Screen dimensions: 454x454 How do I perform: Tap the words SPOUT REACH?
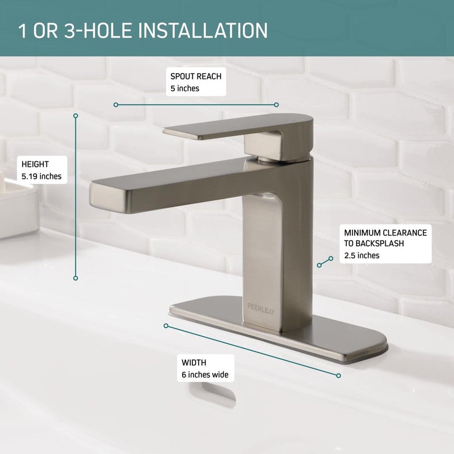(196, 76)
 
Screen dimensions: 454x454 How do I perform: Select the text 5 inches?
(184, 89)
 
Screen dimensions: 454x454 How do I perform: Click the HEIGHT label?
(35, 165)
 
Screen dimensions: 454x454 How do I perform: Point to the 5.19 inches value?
(41, 176)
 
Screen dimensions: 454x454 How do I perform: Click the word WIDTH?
(194, 363)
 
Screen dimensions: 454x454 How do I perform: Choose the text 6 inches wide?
(205, 375)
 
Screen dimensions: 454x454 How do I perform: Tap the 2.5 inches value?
(361, 255)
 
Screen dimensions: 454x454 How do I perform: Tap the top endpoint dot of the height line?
(75, 115)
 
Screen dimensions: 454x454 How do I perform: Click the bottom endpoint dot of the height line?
(75, 278)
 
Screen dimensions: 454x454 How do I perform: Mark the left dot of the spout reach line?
(116, 104)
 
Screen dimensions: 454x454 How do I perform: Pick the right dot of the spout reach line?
(276, 104)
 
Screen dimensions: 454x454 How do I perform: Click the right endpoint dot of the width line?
(338, 375)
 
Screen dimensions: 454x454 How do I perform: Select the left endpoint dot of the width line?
(166, 326)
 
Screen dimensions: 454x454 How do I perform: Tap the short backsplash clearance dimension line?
(325, 261)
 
